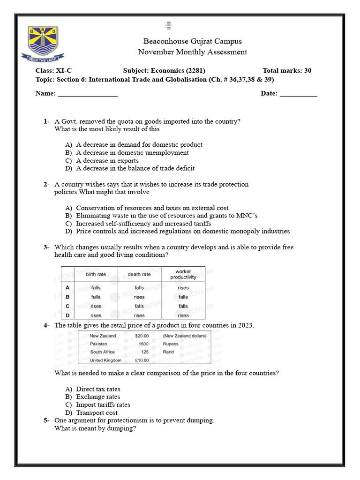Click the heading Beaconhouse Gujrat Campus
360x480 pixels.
coord(193,41)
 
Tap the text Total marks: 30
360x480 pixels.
coord(287,71)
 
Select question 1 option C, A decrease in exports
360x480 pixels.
coord(107,160)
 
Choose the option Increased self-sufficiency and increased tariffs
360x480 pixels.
coord(143,224)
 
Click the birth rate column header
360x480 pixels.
coord(96,274)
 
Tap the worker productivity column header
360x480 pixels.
coord(183,274)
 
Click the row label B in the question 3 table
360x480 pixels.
coord(68,297)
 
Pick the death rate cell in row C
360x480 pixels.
coord(139,306)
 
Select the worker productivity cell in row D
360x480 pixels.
coord(183,315)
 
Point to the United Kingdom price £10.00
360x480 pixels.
coord(142,360)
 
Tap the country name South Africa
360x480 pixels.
coord(102,352)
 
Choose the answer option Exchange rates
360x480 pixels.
coord(98,397)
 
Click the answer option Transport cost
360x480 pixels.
coord(97,412)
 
